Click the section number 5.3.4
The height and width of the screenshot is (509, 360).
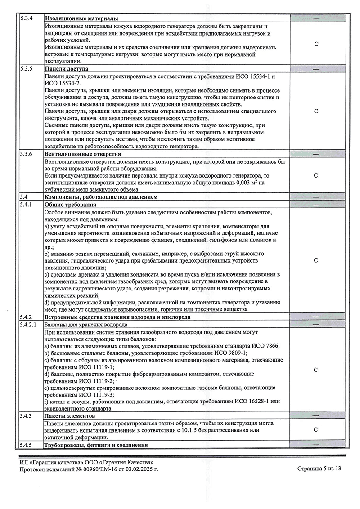[27, 18]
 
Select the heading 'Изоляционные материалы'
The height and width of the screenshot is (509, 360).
[81, 18]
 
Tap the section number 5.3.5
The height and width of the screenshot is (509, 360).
[27, 69]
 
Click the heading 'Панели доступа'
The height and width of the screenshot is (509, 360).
[67, 69]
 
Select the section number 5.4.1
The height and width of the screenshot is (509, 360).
[27, 205]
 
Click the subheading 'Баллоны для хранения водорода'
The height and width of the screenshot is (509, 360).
[86, 324]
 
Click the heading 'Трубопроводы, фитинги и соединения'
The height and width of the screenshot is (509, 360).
[96, 445]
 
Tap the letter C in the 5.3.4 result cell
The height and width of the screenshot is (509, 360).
[316, 44]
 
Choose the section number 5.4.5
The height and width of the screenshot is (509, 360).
[27, 445]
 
